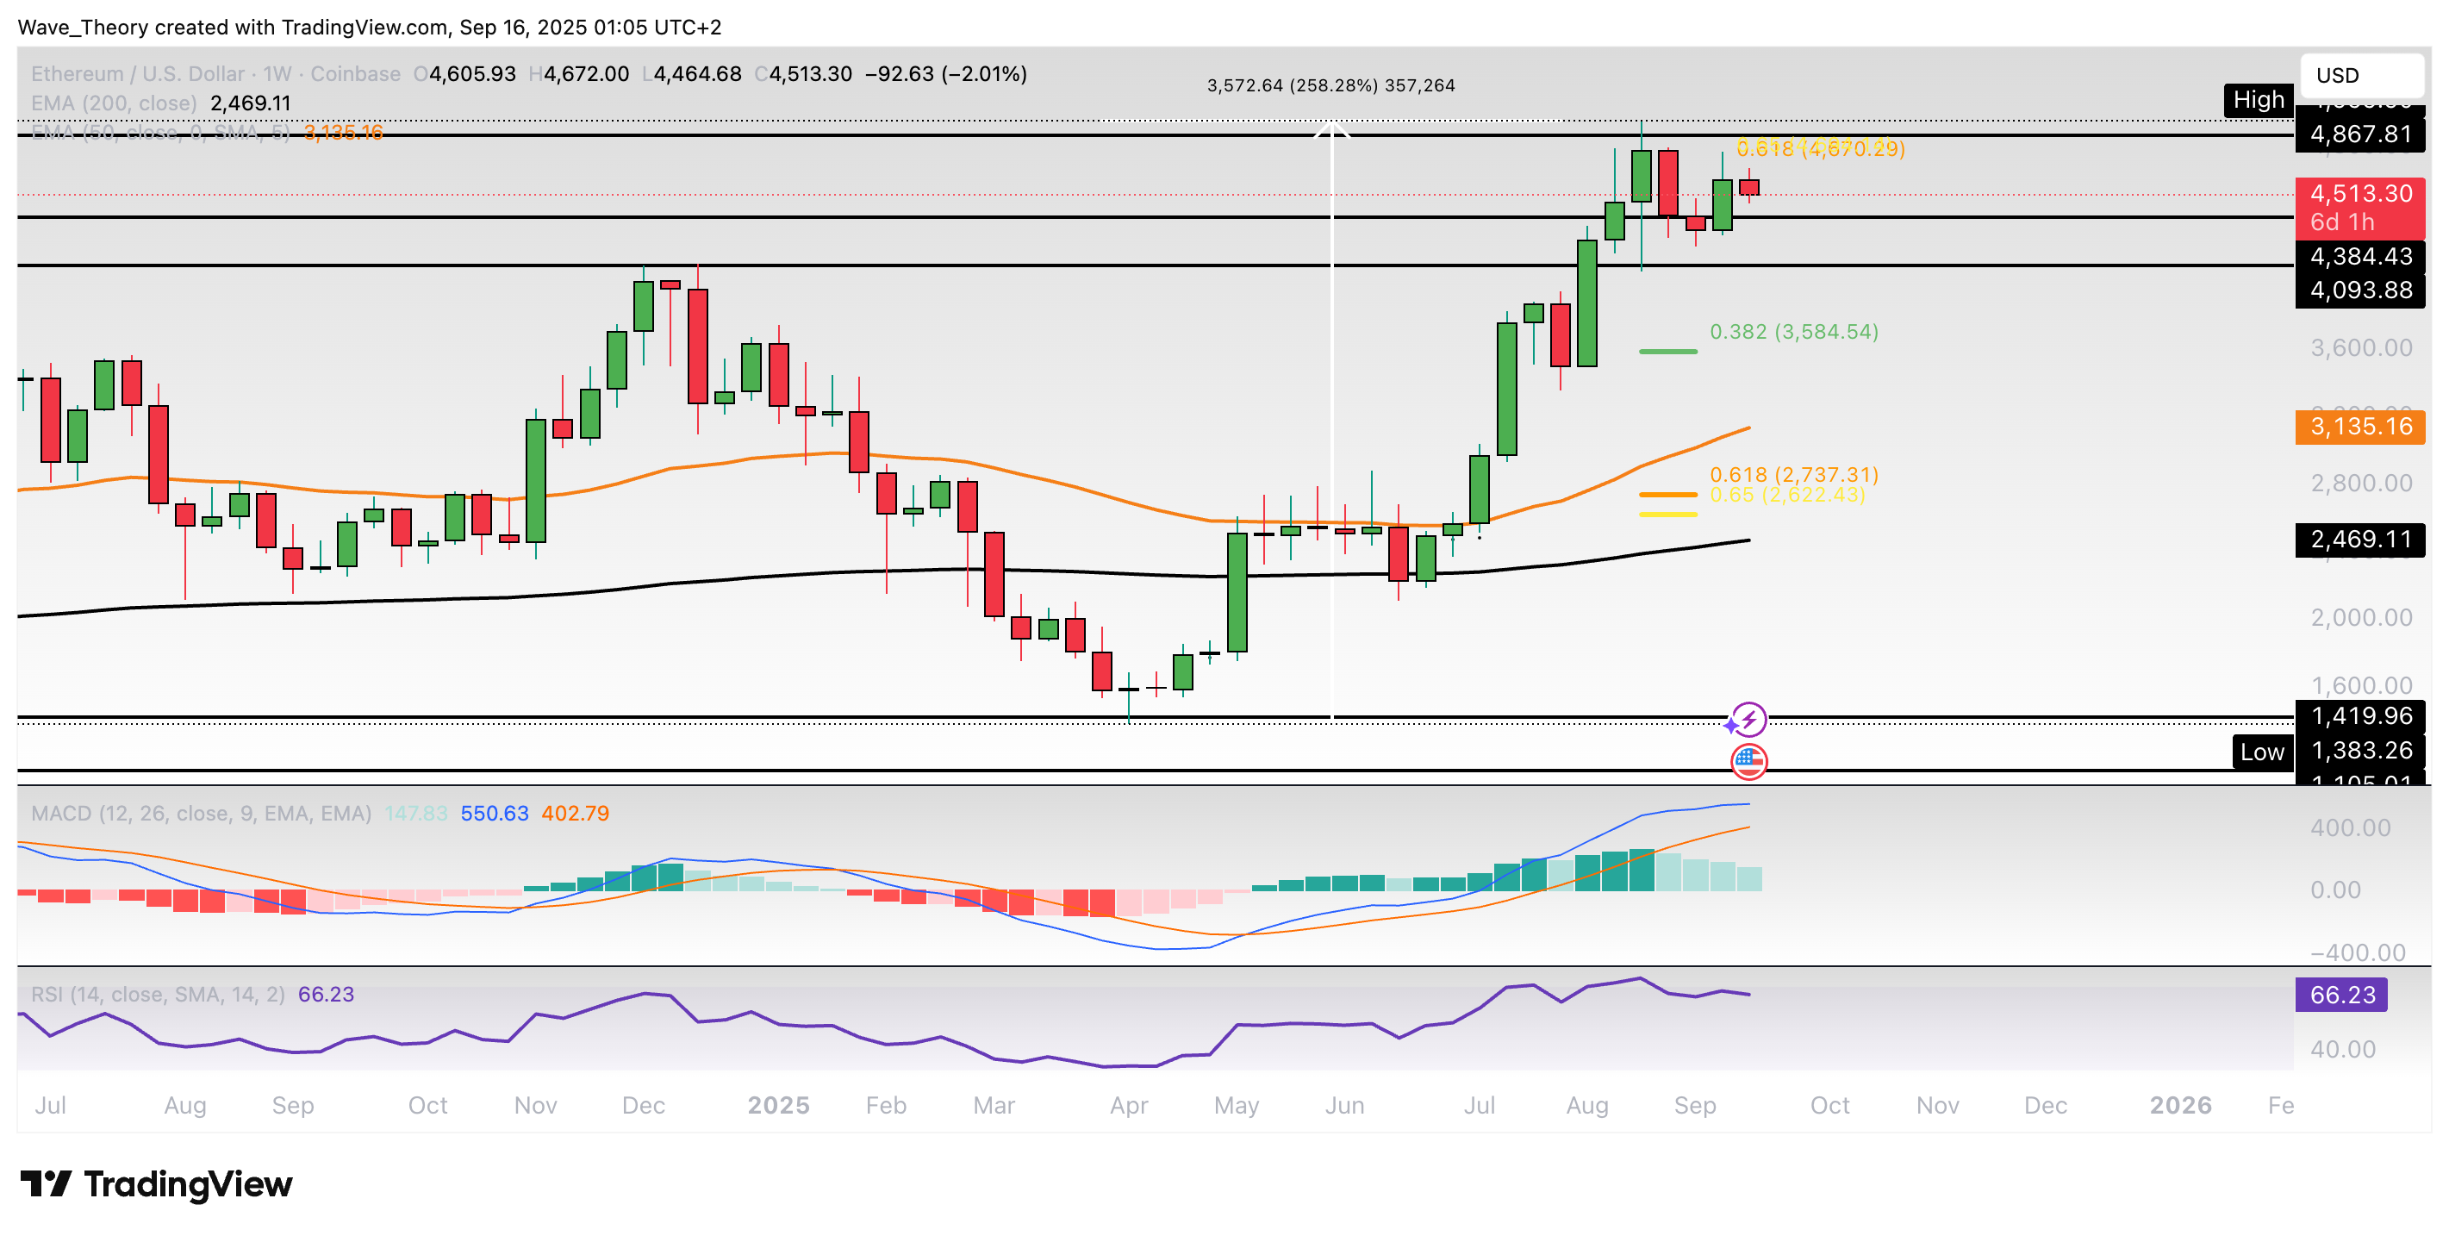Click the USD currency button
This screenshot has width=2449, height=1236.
click(2359, 75)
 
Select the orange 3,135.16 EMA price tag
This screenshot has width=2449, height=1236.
click(2359, 427)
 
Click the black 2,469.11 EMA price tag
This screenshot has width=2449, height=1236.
click(2359, 540)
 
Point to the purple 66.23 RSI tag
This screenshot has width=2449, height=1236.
click(2340, 996)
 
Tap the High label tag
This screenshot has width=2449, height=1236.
click(2258, 100)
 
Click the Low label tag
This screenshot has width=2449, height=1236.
click(2262, 752)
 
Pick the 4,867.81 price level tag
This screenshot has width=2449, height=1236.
click(2359, 134)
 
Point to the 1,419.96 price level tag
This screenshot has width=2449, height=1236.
click(2359, 716)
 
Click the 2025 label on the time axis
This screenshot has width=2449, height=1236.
click(777, 1106)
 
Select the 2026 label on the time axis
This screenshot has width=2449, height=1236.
click(2180, 1106)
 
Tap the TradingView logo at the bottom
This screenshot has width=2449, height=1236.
click(157, 1184)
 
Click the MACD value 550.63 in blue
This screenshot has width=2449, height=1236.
click(495, 814)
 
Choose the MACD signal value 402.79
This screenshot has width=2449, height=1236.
click(575, 814)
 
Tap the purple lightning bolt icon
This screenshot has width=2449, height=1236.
click(1749, 720)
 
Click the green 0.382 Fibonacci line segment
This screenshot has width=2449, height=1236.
click(1667, 352)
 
